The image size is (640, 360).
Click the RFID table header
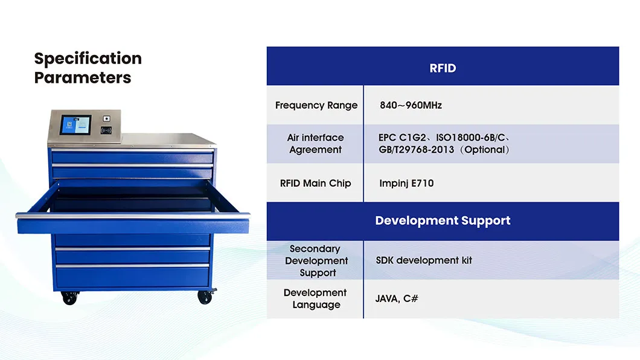tap(443, 68)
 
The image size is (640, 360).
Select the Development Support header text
tap(443, 221)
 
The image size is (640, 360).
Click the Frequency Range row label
tap(316, 105)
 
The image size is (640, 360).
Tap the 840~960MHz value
tap(411, 105)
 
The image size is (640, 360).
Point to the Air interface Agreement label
tap(316, 144)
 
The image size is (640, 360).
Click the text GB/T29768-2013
tap(417, 150)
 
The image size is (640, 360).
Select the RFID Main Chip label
tap(316, 183)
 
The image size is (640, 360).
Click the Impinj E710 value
tap(406, 183)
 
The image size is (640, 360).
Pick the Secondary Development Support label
tap(316, 260)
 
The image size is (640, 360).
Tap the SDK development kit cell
tap(424, 260)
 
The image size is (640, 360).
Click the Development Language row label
tap(316, 299)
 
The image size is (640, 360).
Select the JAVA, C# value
tap(397, 299)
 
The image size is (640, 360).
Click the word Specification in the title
tap(88, 59)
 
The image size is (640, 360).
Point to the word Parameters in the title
tap(83, 77)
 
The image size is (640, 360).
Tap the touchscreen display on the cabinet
tap(75, 124)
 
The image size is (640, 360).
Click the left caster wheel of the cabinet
tap(70, 298)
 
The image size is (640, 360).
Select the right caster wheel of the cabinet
tap(205, 297)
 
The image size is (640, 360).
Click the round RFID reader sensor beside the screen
tap(106, 130)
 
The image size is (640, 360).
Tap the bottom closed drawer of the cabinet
tap(132, 278)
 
